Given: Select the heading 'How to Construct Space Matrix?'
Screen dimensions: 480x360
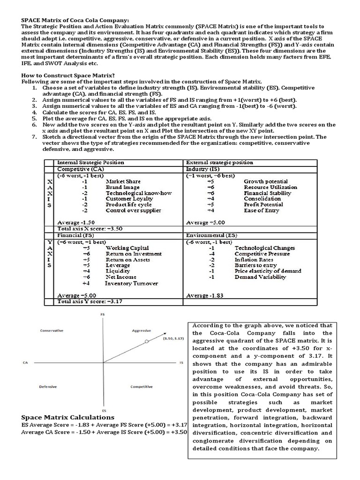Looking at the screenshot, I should click(68, 75).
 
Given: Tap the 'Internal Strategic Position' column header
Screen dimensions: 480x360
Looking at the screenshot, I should click(90, 163).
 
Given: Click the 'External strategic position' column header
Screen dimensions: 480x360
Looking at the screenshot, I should click(219, 163).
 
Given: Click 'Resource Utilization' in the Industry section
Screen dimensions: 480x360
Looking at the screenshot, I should click(270, 187).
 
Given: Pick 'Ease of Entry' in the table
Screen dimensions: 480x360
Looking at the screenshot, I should click(261, 210).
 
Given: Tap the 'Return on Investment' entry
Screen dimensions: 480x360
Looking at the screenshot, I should click(134, 254).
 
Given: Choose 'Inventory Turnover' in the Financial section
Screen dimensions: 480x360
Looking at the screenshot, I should click(131, 283).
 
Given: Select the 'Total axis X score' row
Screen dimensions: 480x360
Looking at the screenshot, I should click(90, 228).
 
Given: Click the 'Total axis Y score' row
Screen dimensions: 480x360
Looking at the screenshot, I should click(90, 302).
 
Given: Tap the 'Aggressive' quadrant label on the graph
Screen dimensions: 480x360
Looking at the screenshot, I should click(141, 330).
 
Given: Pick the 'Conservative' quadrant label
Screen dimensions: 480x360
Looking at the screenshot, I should click(52, 330).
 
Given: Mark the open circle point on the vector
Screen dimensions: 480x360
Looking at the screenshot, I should click(147, 342).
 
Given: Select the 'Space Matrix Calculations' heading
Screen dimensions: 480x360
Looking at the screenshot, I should click(67, 417).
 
